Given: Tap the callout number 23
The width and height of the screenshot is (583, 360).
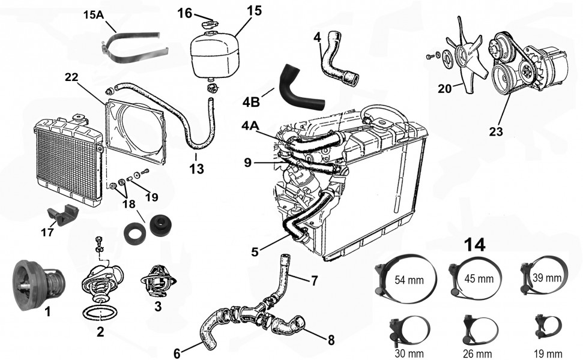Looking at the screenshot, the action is (496, 131).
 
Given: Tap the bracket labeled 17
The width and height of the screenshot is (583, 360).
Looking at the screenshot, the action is (62, 215).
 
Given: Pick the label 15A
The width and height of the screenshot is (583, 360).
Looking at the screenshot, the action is (94, 15).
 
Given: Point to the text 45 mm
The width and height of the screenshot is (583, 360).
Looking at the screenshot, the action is (479, 278).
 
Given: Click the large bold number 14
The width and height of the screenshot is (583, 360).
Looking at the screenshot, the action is (475, 245).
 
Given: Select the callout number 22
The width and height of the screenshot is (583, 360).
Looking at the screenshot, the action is (72, 77).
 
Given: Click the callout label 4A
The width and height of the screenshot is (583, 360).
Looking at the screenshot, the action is (250, 126).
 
